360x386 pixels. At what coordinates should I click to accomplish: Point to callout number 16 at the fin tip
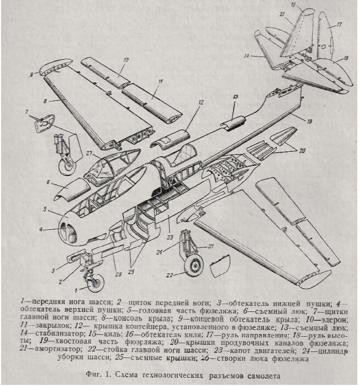[293, 5]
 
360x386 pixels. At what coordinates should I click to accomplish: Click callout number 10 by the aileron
[125, 59]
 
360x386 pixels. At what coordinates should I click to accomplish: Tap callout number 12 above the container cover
[200, 102]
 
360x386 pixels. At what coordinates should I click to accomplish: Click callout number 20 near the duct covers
[300, 150]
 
